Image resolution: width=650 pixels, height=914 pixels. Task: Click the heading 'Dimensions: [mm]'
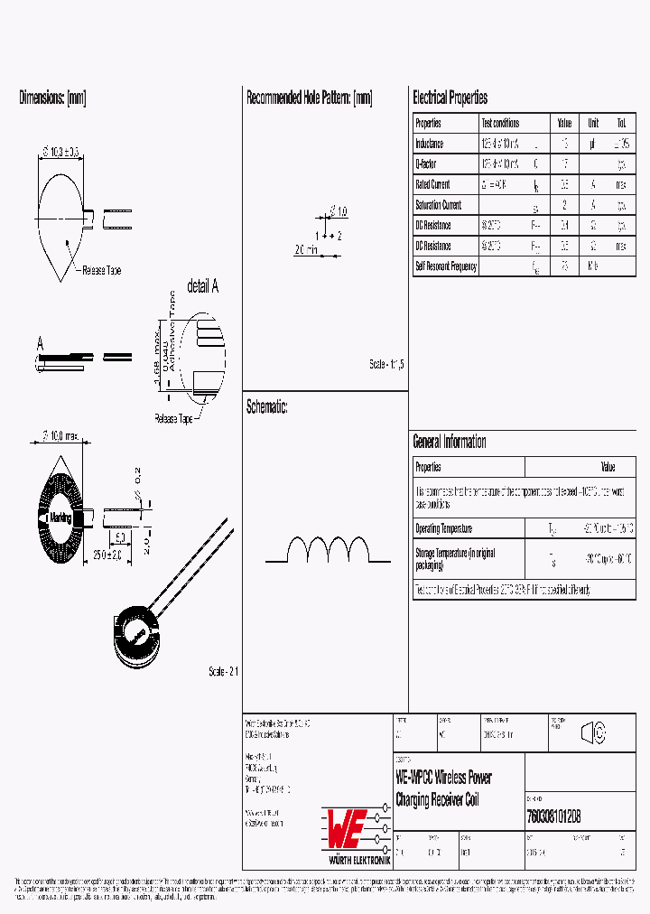coord(52,98)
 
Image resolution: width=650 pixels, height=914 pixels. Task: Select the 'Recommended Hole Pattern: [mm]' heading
coord(309,98)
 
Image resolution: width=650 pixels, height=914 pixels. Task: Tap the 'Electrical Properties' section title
coord(450,98)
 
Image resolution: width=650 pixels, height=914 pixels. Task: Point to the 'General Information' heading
coord(449,442)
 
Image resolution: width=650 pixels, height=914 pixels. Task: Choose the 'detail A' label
coord(202,287)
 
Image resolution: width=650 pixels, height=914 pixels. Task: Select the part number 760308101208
coord(552,815)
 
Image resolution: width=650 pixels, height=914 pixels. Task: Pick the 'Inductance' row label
coord(430,144)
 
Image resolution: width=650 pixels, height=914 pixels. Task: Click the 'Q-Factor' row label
coord(426,163)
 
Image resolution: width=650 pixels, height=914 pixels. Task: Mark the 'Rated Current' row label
coord(432,184)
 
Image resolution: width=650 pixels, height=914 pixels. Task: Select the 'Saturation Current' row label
coord(438,205)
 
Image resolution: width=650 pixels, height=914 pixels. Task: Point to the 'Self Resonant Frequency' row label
coord(445,266)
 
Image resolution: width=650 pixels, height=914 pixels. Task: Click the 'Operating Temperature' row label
coord(443,528)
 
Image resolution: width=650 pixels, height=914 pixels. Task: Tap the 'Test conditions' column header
coord(500,123)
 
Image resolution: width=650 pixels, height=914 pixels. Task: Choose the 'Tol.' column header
coord(621,123)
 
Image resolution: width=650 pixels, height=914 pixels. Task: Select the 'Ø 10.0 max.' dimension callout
coord(62,437)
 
